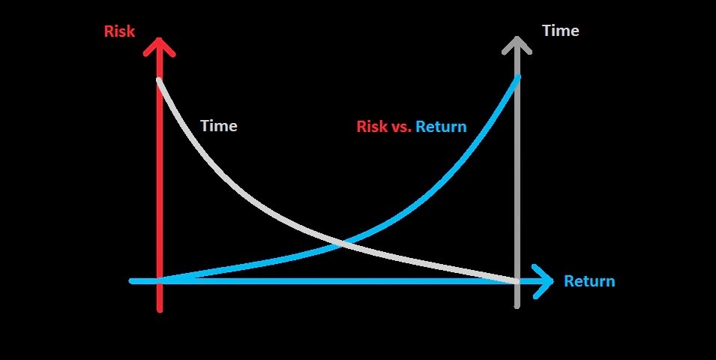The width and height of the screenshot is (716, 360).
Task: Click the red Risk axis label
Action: click(119, 32)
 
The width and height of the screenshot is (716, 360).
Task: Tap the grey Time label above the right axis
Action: click(560, 31)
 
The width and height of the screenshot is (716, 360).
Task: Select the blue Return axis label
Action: click(589, 281)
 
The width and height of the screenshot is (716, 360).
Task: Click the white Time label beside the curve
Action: click(219, 126)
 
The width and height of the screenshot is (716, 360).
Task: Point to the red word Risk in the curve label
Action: click(372, 126)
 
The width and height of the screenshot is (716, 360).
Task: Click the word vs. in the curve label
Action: click(401, 126)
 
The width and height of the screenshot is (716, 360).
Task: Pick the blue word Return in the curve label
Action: click(441, 126)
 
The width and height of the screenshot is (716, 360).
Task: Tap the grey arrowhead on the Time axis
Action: click(517, 43)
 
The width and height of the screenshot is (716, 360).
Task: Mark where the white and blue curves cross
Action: click(343, 242)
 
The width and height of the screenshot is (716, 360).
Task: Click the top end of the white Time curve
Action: click(159, 78)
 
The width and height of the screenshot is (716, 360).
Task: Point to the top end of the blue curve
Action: click(517, 76)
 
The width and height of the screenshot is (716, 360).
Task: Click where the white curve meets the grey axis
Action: click(517, 280)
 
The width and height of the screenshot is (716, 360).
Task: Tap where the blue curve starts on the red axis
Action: click(160, 280)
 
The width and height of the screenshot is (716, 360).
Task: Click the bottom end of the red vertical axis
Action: click(159, 308)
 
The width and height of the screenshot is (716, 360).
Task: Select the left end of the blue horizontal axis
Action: click(132, 281)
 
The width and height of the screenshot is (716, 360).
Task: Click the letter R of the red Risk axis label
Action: click(108, 32)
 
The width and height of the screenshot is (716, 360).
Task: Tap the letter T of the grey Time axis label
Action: click(547, 31)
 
